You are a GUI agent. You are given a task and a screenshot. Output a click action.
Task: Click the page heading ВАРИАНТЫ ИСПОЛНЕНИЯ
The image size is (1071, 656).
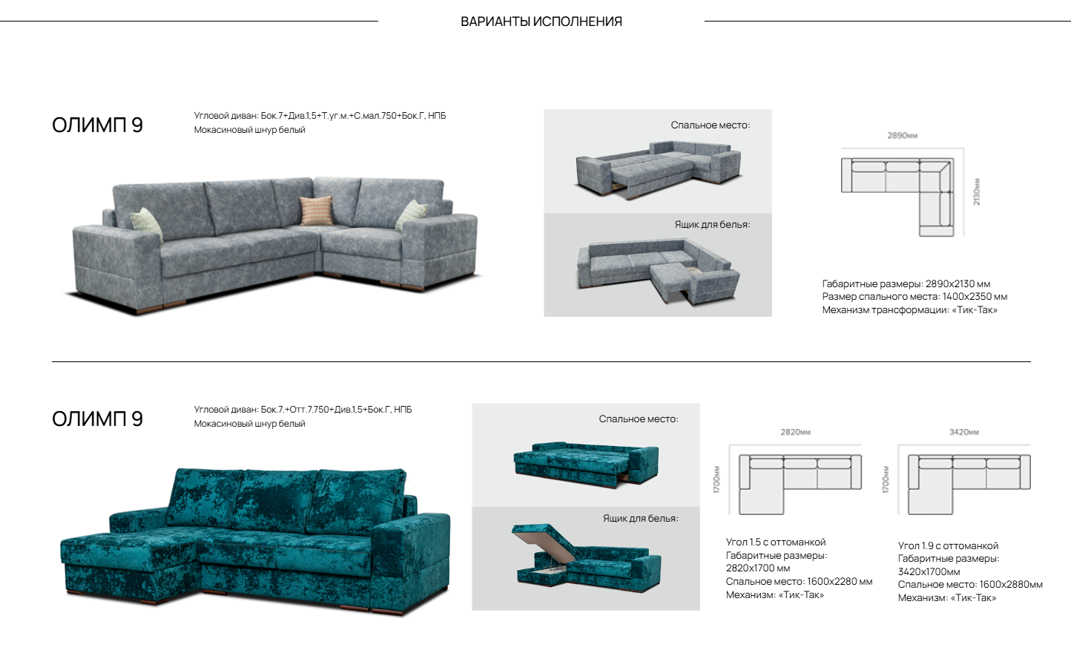click(x=541, y=22)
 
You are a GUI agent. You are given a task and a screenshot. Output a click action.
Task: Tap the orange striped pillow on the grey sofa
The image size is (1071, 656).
click(x=316, y=211)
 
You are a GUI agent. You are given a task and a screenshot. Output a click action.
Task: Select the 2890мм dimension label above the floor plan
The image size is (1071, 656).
click(x=902, y=135)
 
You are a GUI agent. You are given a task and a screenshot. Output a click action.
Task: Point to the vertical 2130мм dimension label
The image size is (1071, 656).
click(x=976, y=192)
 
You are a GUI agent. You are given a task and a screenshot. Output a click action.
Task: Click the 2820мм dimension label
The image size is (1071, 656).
click(x=796, y=432)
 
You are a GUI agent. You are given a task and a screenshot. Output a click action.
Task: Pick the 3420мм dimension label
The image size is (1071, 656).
click(x=964, y=432)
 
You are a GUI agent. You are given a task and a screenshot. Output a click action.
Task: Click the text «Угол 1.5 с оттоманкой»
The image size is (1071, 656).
click(x=776, y=542)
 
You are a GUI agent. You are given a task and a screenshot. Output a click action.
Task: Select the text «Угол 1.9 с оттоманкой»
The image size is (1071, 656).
click(x=948, y=545)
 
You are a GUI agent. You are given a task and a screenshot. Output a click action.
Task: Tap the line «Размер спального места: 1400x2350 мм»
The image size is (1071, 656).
click(x=915, y=297)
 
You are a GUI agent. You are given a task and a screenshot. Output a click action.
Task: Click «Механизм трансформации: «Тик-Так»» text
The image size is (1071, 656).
click(x=910, y=310)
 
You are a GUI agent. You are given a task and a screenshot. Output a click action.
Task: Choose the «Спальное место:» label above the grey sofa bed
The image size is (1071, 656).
click(x=711, y=125)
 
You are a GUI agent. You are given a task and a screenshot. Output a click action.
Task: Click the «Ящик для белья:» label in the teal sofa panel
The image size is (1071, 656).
click(x=641, y=518)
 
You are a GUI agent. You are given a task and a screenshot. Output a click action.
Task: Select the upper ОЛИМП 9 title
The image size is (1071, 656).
click(x=98, y=125)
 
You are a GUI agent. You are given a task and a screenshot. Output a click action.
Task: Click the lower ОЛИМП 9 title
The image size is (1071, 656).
click(x=98, y=419)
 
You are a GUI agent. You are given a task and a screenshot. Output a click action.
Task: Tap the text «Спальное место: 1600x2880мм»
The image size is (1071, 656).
click(x=970, y=585)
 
